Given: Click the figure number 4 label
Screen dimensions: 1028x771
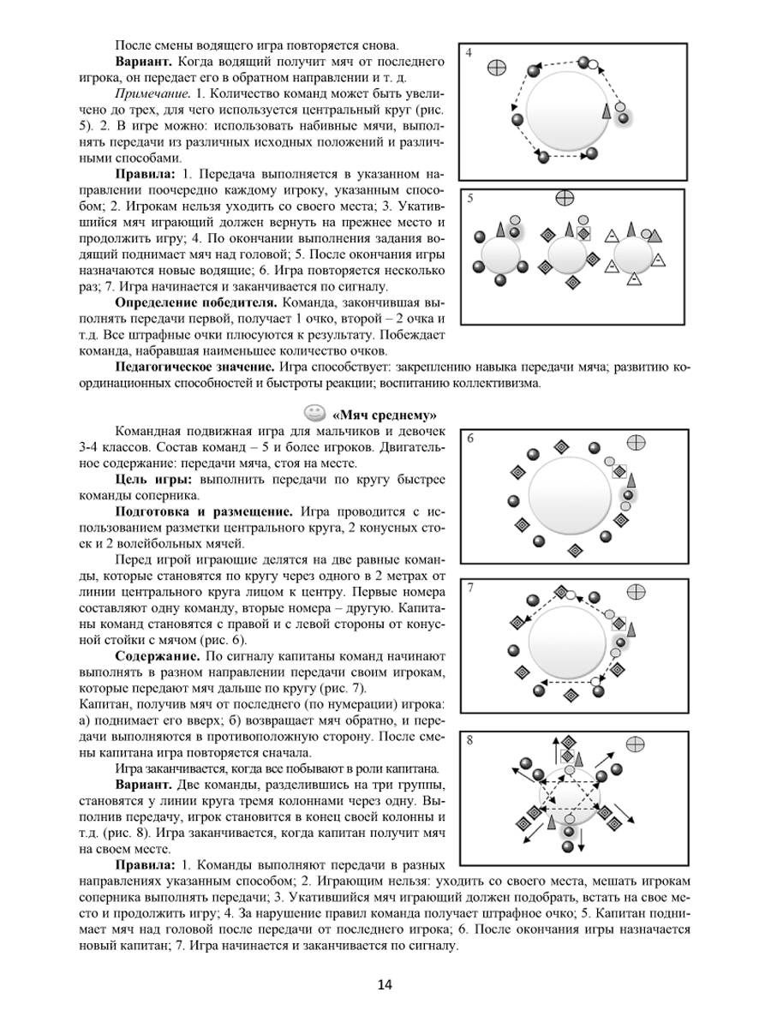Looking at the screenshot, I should point(469,53).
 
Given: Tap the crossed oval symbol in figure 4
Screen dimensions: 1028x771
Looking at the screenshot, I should point(497,69).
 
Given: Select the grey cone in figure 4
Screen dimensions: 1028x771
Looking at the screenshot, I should point(607,111).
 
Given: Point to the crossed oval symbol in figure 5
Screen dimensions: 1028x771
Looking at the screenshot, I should point(564,199).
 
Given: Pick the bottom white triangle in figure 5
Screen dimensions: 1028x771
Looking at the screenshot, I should point(633,278).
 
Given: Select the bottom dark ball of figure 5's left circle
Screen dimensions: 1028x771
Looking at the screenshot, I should point(499,280).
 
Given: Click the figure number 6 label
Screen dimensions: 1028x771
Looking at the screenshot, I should point(469,439).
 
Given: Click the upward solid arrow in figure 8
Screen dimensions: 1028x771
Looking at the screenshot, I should point(554,750).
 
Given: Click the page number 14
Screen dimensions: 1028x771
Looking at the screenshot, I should point(385,985).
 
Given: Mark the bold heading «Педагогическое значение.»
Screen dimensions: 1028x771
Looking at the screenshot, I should point(195,368).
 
